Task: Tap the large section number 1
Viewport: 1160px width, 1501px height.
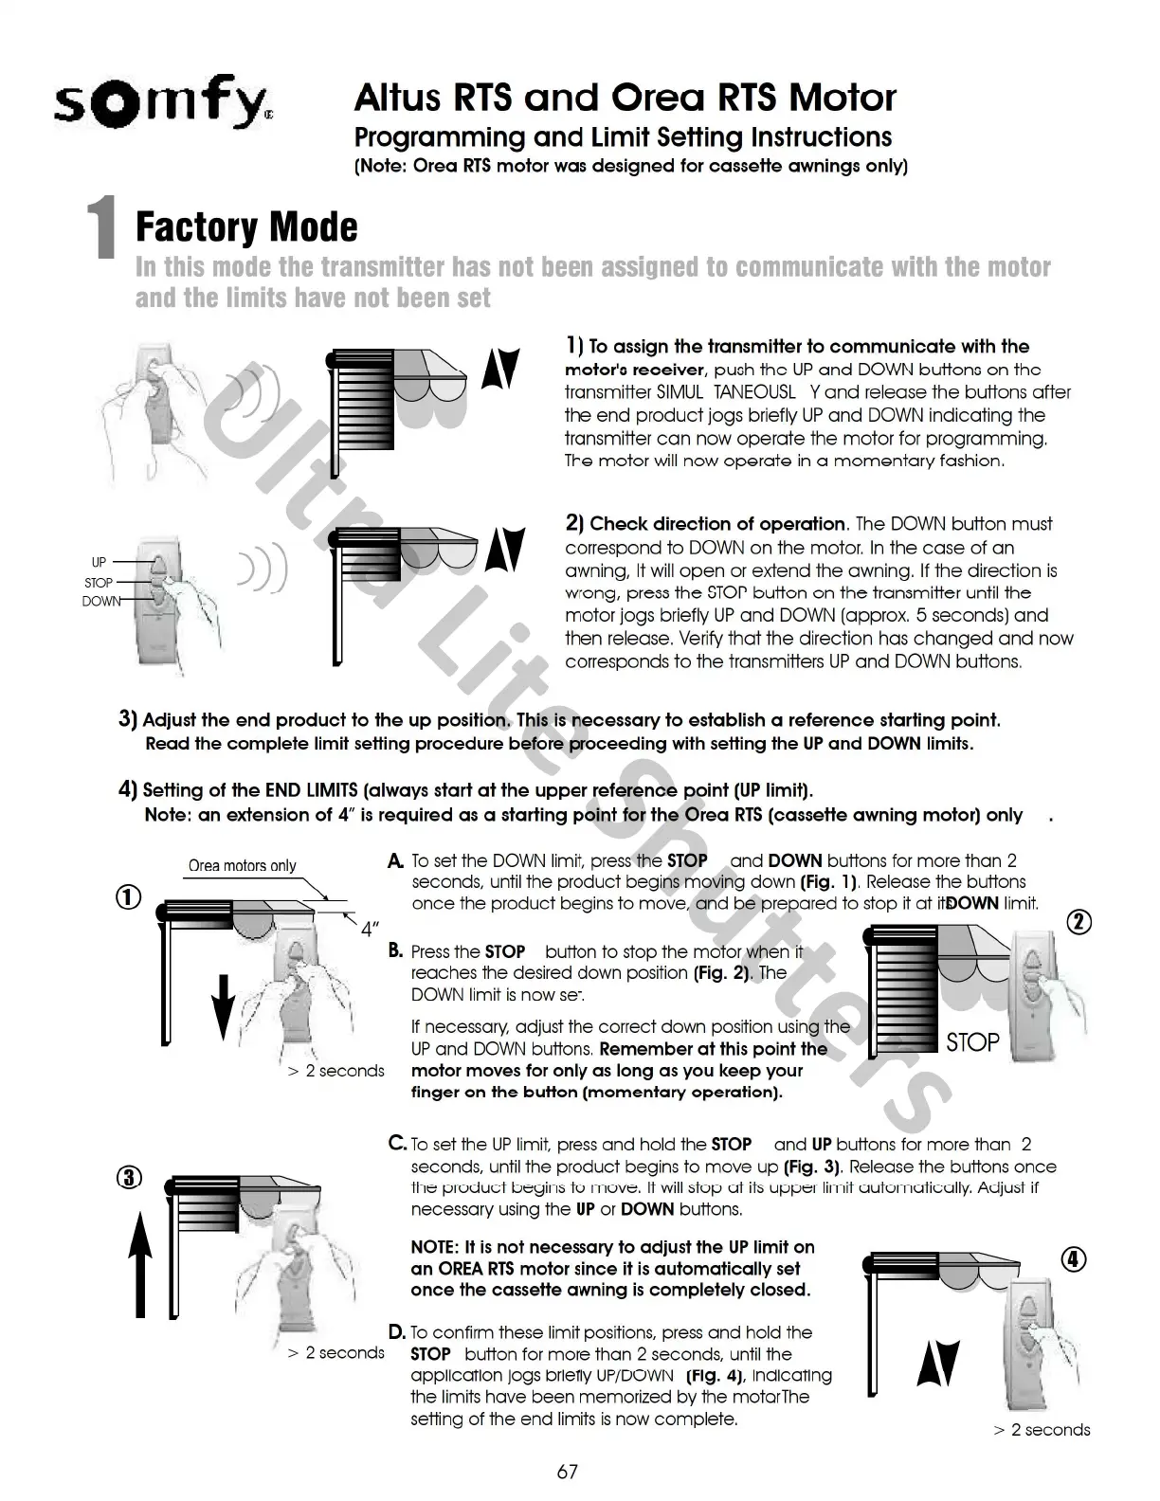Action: coord(102,227)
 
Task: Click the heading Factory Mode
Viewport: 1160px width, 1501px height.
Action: coord(247,227)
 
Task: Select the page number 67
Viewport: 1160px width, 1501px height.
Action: coord(567,1472)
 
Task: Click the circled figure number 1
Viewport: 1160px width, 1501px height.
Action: coord(129,897)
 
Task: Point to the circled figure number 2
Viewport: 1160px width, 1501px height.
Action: coord(1079,921)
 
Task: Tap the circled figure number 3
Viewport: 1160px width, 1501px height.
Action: coord(129,1178)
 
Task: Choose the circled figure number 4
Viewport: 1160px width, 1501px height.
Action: coord(1073,1259)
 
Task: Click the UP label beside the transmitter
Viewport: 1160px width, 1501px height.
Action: coord(99,563)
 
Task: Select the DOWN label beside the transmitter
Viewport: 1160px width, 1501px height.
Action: coord(100,602)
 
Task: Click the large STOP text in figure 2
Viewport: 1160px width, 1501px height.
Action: coord(972,1042)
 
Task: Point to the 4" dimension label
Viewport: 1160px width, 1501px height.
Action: coord(371,929)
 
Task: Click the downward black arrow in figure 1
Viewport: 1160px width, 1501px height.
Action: coord(222,1004)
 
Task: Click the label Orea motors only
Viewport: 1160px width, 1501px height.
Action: coord(242,865)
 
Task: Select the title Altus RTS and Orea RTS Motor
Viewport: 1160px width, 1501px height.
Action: coord(625,98)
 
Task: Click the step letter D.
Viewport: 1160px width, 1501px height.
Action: coord(397,1331)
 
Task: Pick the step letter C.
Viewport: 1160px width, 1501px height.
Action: coord(398,1144)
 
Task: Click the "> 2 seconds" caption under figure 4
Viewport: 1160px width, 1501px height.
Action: coord(1042,1430)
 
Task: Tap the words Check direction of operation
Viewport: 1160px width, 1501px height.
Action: coord(716,524)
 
